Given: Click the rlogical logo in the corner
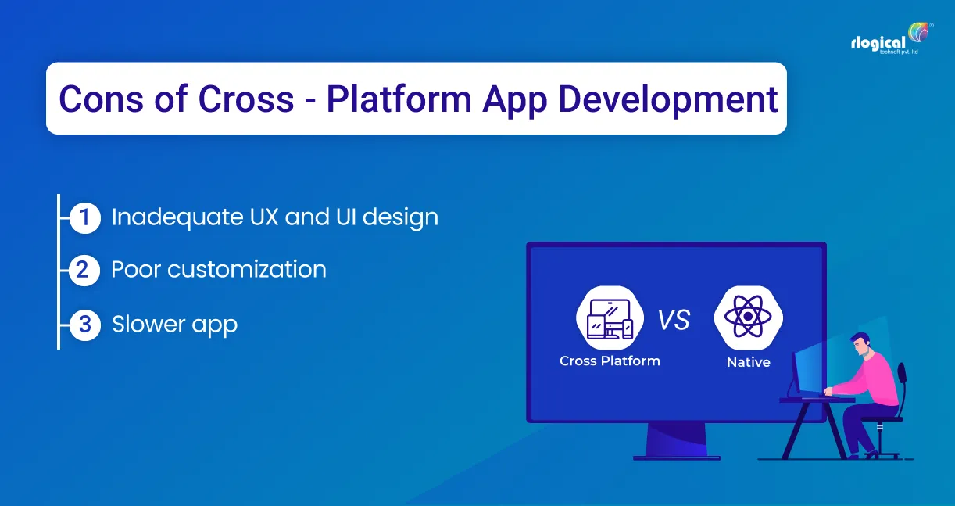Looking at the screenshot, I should (x=889, y=43).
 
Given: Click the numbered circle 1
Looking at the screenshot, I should (x=84, y=218).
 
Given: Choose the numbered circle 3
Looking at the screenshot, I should (x=84, y=324).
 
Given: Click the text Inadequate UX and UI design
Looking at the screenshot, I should (x=274, y=217).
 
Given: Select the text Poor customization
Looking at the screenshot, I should (x=219, y=270).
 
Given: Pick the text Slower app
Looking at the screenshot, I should (x=174, y=324).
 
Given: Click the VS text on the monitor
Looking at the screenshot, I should (x=673, y=320).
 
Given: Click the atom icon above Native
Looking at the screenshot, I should (x=748, y=318).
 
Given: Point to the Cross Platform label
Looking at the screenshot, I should (x=610, y=361).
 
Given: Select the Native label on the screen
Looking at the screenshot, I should (x=748, y=362).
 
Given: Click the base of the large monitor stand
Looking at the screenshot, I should (x=676, y=455).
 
